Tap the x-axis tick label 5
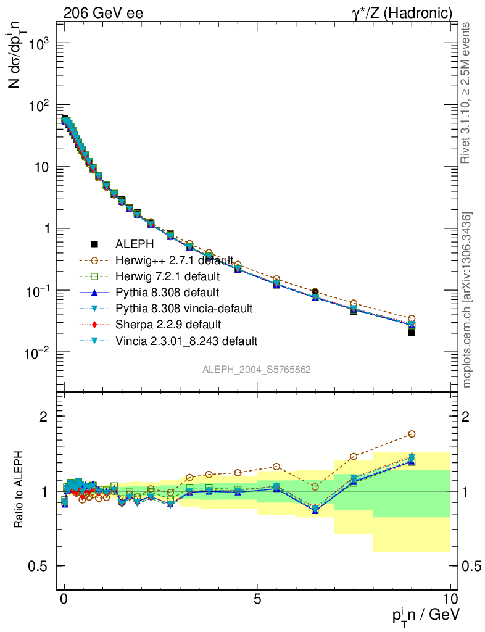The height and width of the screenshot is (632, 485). click(x=257, y=598)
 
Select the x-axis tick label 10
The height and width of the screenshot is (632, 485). click(x=450, y=598)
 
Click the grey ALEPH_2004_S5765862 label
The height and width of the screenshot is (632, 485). click(x=257, y=370)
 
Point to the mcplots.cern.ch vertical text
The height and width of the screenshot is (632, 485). click(x=467, y=300)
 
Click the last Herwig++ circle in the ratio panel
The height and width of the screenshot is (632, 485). click(x=412, y=434)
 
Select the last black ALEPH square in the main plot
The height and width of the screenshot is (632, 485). click(x=412, y=332)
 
